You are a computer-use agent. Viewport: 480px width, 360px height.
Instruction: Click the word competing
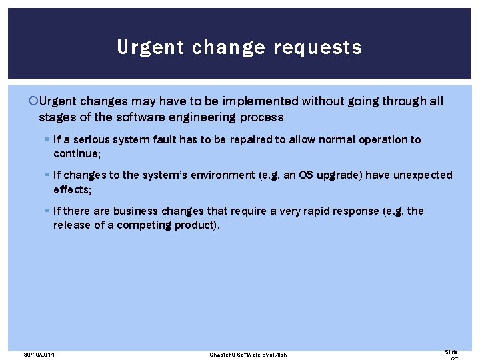coord(145,225)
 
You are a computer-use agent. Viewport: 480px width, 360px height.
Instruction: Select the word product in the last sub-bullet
coord(193,225)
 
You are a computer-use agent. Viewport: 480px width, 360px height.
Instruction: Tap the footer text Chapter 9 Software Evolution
coord(248,354)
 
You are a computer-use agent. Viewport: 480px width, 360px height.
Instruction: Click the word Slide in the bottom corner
coord(451,352)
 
